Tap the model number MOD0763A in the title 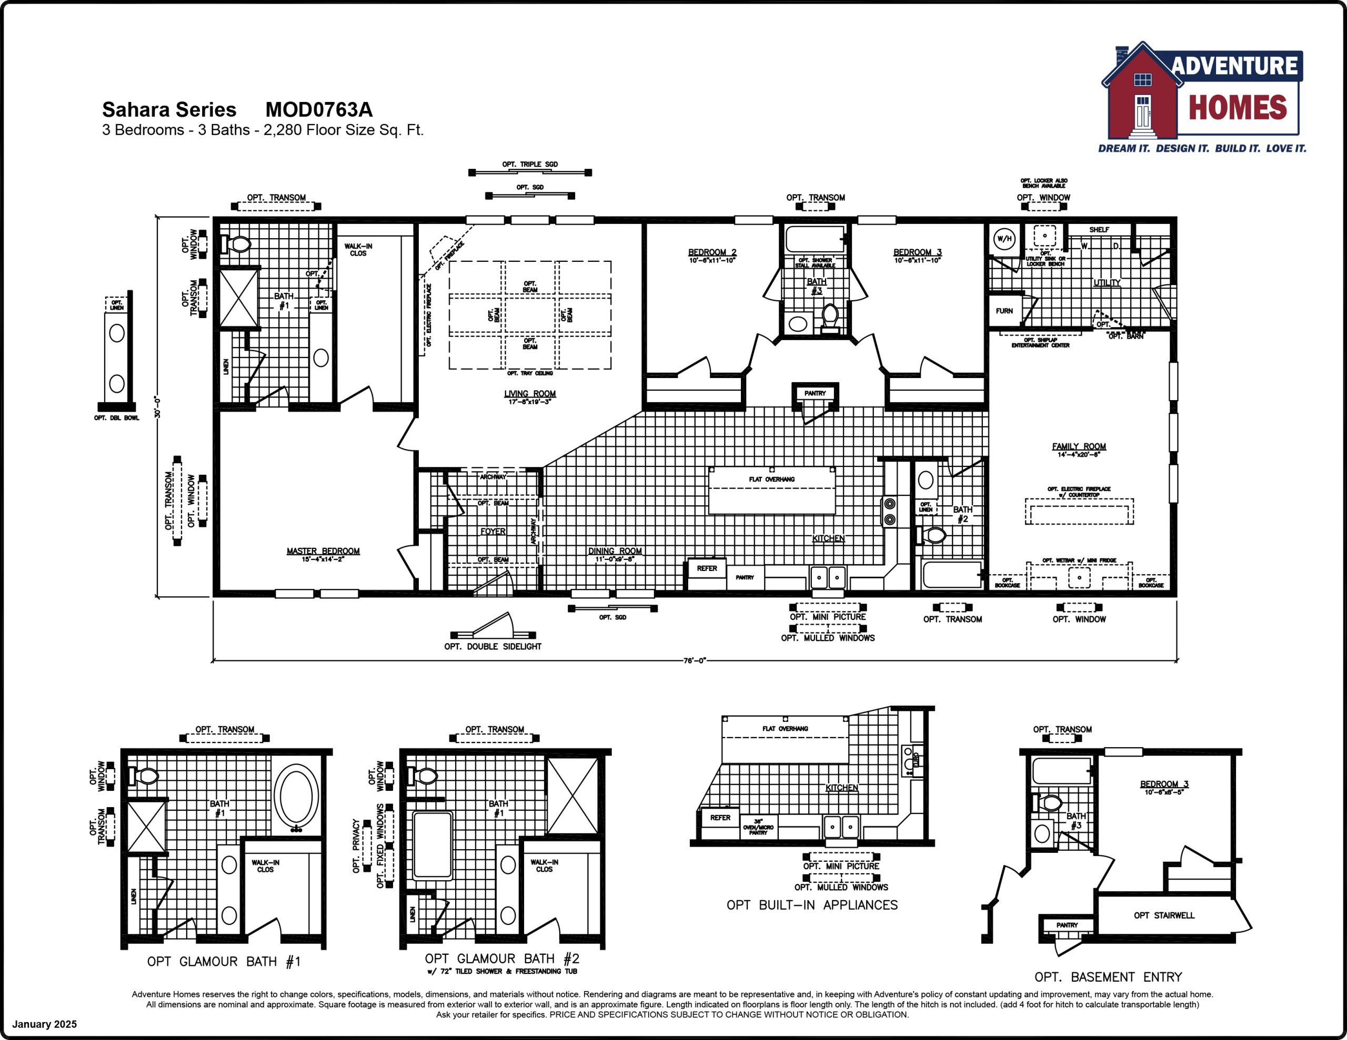pos(319,110)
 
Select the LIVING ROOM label pos(530,394)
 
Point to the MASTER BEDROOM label pos(323,551)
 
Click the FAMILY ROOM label pos(1079,446)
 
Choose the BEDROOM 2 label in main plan pos(712,252)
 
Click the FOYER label pos(493,532)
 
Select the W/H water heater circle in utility pos(1004,239)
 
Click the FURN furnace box pos(1004,311)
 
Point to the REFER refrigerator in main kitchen pos(707,569)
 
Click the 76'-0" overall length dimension pos(695,661)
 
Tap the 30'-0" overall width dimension pos(158,407)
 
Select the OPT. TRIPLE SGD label pos(530,165)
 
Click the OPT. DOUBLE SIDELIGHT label pos(493,647)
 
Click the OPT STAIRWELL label pos(1164,915)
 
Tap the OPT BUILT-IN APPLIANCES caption pos(812,905)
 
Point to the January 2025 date pos(44,1024)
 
